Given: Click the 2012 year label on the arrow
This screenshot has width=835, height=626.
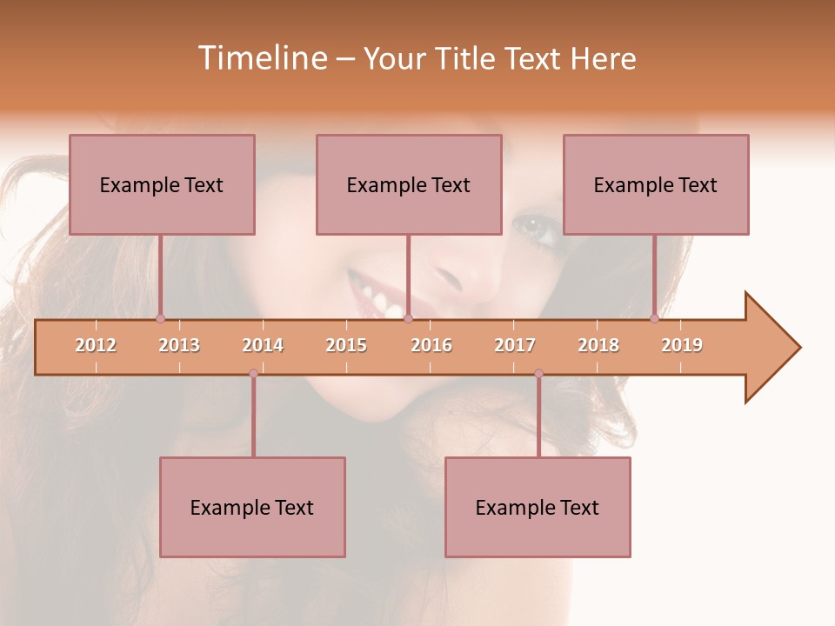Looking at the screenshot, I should pyautogui.click(x=96, y=345).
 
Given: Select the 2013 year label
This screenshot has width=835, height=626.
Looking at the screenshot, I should pyautogui.click(x=179, y=345).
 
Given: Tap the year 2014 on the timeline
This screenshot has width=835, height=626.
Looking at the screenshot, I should pyautogui.click(x=263, y=345).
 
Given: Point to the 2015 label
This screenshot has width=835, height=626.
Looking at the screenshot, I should pyautogui.click(x=346, y=345).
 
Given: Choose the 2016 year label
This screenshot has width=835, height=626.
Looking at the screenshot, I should pyautogui.click(x=431, y=345).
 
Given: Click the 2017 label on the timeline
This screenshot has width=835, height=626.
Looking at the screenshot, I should pyautogui.click(x=515, y=345).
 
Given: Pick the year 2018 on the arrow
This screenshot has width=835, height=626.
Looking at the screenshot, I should pyautogui.click(x=598, y=345).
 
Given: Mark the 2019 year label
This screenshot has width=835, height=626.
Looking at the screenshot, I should pyautogui.click(x=682, y=345).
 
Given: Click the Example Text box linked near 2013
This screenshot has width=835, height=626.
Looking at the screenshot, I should pyautogui.click(x=162, y=184).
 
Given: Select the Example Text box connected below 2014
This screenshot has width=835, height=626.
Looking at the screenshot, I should pyautogui.click(x=252, y=507).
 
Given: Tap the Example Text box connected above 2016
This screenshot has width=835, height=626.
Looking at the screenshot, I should pyautogui.click(x=409, y=184).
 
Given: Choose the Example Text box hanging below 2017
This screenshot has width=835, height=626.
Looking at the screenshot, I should pyautogui.click(x=538, y=507).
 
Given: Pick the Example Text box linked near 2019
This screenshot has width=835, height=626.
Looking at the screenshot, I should pyautogui.click(x=656, y=184).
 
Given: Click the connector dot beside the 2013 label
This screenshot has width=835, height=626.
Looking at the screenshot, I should pyautogui.click(x=160, y=318).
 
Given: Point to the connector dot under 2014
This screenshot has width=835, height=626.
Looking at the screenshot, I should pyautogui.click(x=253, y=373).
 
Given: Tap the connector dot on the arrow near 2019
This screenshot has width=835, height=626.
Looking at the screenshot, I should pyautogui.click(x=654, y=318).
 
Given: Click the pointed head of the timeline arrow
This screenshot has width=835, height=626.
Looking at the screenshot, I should pyautogui.click(x=774, y=348).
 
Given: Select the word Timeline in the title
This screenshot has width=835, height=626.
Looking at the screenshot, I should pyautogui.click(x=261, y=58).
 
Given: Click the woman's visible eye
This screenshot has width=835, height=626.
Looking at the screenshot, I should pyautogui.click(x=528, y=226).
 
